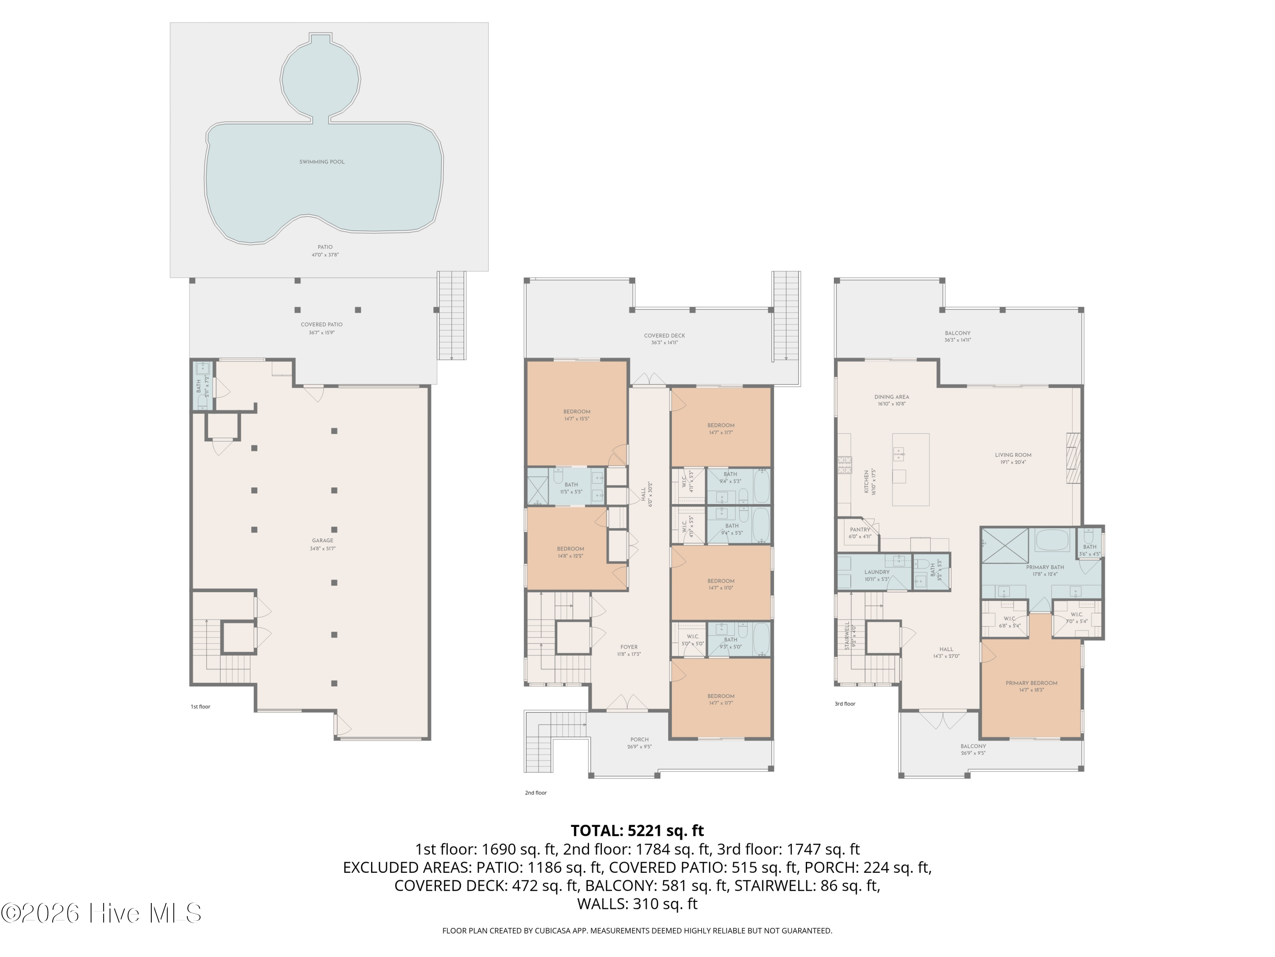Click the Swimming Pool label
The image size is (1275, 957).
(x=322, y=162)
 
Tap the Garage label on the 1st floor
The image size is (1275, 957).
(x=322, y=541)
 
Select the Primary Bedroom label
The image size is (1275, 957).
(x=1031, y=684)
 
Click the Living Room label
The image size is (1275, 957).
(x=1013, y=455)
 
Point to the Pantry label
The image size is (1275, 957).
(x=859, y=530)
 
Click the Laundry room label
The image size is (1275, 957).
(x=877, y=572)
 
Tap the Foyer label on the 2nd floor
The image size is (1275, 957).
(x=629, y=647)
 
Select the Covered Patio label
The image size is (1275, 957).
(x=322, y=325)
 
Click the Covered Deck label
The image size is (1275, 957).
(x=664, y=336)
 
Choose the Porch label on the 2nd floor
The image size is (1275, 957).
(x=639, y=740)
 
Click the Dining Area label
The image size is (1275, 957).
(x=891, y=397)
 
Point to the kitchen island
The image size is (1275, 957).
(x=910, y=470)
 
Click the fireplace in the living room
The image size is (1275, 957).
(x=1073, y=457)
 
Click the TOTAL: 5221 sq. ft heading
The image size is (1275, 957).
(x=637, y=831)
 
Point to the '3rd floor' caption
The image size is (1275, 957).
(x=845, y=704)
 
